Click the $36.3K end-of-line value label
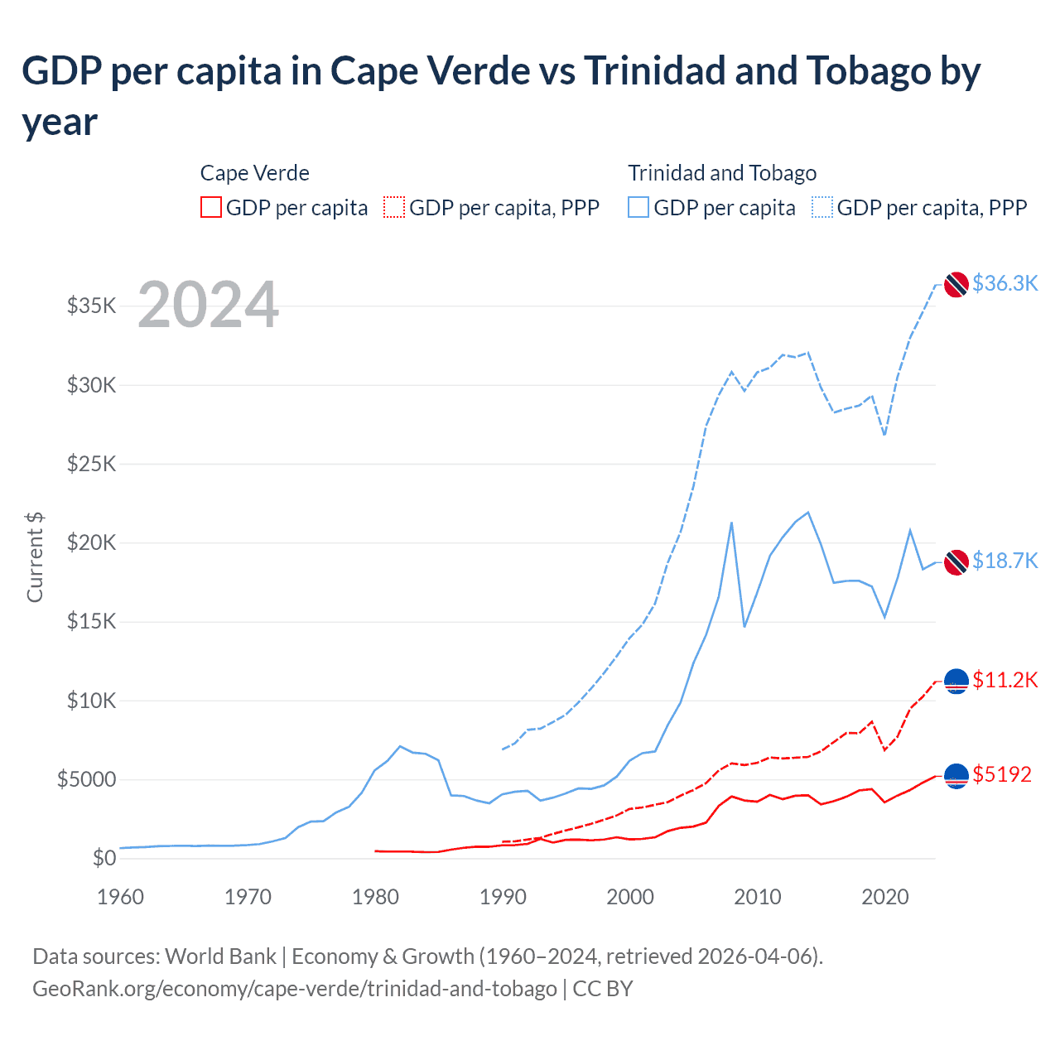1005,283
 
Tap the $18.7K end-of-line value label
1005,561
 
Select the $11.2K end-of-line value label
1005,680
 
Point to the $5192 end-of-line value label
1002,774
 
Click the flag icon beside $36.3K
956,284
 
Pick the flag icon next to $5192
956,776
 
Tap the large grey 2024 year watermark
208,306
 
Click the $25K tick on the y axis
92,464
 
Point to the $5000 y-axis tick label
87,779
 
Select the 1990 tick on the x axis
503,897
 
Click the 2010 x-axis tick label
758,897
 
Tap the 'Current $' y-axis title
35,557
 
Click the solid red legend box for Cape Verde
211,207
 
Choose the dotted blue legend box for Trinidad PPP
822,207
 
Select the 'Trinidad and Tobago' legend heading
722,173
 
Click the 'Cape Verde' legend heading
255,173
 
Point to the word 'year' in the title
60,123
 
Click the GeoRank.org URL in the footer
295,989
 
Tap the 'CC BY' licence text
603,989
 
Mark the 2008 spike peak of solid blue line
731,523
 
